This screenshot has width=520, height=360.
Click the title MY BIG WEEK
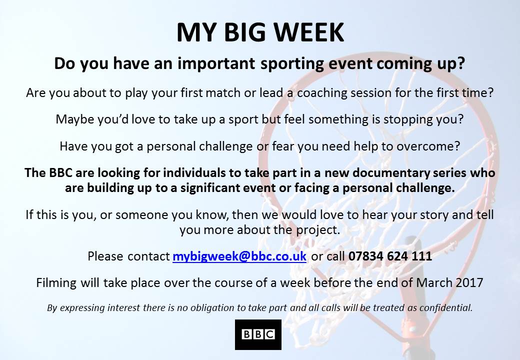[260, 32]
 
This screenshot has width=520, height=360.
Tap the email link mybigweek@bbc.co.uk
[239, 256]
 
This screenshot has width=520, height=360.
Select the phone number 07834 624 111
[390, 256]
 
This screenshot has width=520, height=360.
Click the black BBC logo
[258, 334]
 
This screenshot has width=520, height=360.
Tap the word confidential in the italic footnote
[445, 307]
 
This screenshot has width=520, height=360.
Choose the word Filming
[57, 282]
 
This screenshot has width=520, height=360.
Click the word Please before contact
[105, 256]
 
